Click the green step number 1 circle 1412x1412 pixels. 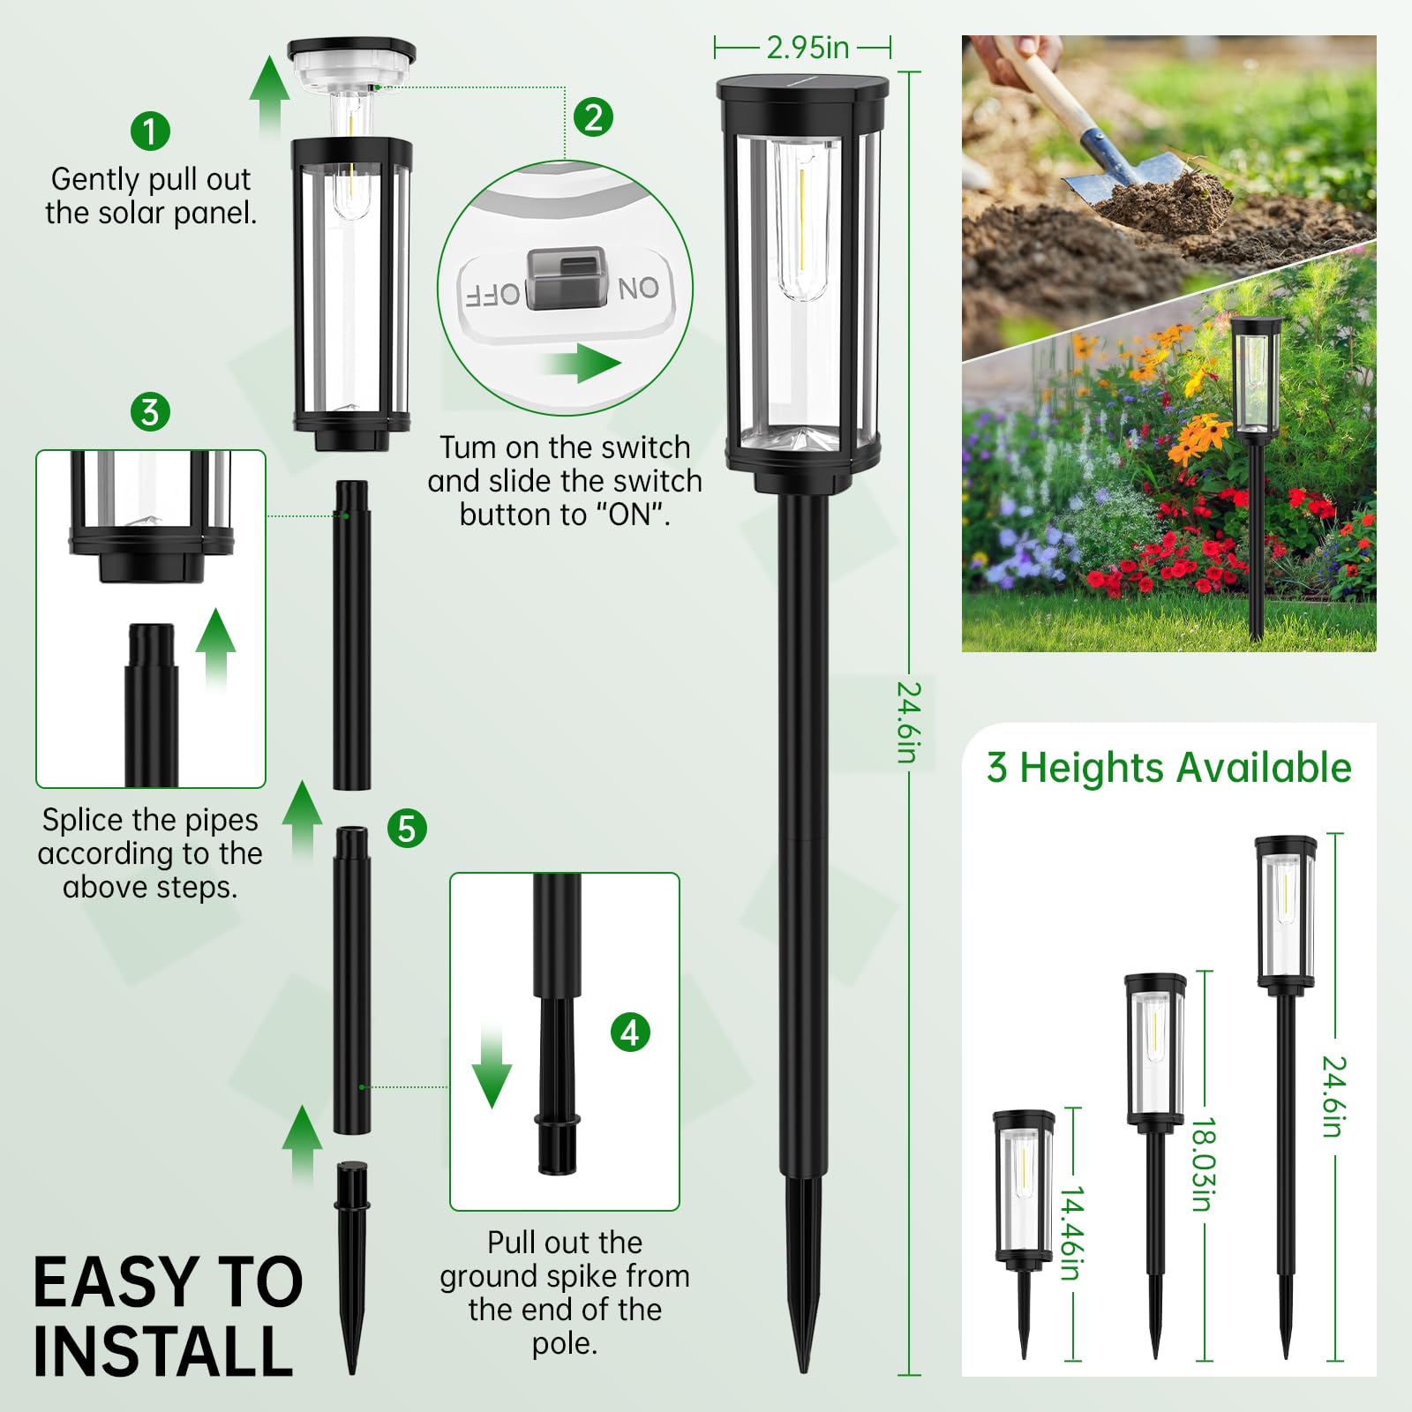click(x=150, y=131)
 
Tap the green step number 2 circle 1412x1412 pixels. click(x=593, y=116)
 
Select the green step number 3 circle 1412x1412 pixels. click(x=150, y=412)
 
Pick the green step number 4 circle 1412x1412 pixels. click(x=630, y=1032)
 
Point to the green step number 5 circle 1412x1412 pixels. click(x=407, y=829)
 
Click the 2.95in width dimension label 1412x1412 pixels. click(x=807, y=48)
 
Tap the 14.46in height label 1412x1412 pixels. click(x=1071, y=1232)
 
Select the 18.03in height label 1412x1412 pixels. click(x=1204, y=1164)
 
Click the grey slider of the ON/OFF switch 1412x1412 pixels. click(x=567, y=278)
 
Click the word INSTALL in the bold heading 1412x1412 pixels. click(x=163, y=1351)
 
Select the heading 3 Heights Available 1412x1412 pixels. click(x=1169, y=768)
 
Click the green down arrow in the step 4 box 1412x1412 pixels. click(x=492, y=1068)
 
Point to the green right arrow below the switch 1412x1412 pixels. click(x=583, y=362)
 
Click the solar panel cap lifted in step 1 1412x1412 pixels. click(x=351, y=62)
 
